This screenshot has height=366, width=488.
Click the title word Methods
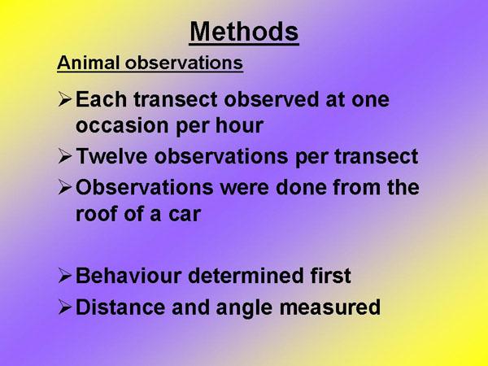coord(244,32)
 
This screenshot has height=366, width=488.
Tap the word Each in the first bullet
coord(101,99)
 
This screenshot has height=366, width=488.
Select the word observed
coord(271,99)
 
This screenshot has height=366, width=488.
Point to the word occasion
coord(122,126)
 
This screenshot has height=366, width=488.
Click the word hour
coord(239,125)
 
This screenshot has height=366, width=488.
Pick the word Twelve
coord(111,155)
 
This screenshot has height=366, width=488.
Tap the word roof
coord(94,213)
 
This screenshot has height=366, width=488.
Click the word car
coord(185,214)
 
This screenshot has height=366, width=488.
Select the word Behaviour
coord(129,276)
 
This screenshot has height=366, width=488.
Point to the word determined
coord(246,276)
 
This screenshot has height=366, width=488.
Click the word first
coord(330,276)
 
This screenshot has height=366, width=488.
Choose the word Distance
coord(120,307)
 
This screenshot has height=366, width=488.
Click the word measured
coord(330,307)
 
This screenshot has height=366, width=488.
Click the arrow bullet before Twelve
coord(65,156)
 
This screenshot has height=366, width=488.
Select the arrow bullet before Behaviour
coord(65,276)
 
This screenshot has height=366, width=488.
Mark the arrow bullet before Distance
coord(65,307)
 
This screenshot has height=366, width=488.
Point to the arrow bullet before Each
coord(65,99)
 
